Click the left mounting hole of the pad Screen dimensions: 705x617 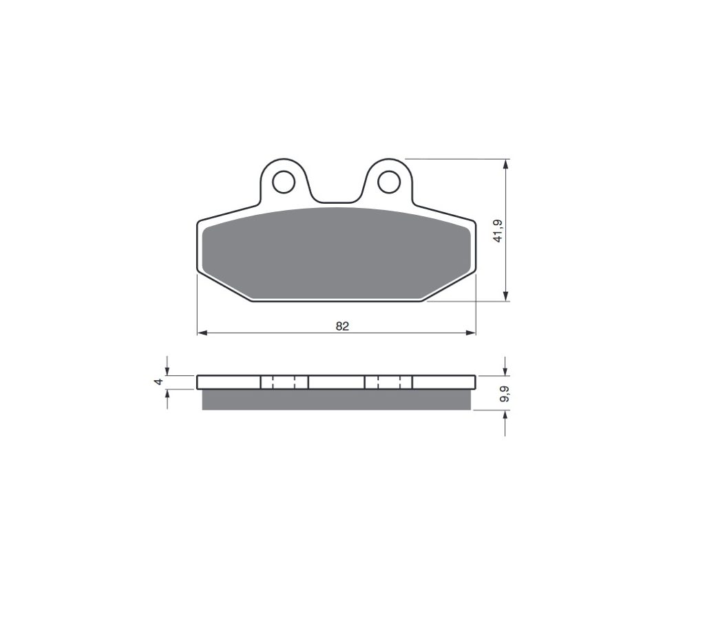click(283, 182)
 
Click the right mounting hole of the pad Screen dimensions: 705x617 click(389, 182)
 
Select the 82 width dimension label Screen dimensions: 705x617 click(342, 326)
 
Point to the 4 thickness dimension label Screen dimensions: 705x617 click(158, 381)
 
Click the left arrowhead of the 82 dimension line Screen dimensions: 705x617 click(202, 333)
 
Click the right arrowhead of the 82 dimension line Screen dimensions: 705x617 click(471, 333)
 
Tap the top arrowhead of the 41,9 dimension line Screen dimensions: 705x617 click(506, 164)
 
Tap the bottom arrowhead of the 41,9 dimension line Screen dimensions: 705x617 click(506, 296)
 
